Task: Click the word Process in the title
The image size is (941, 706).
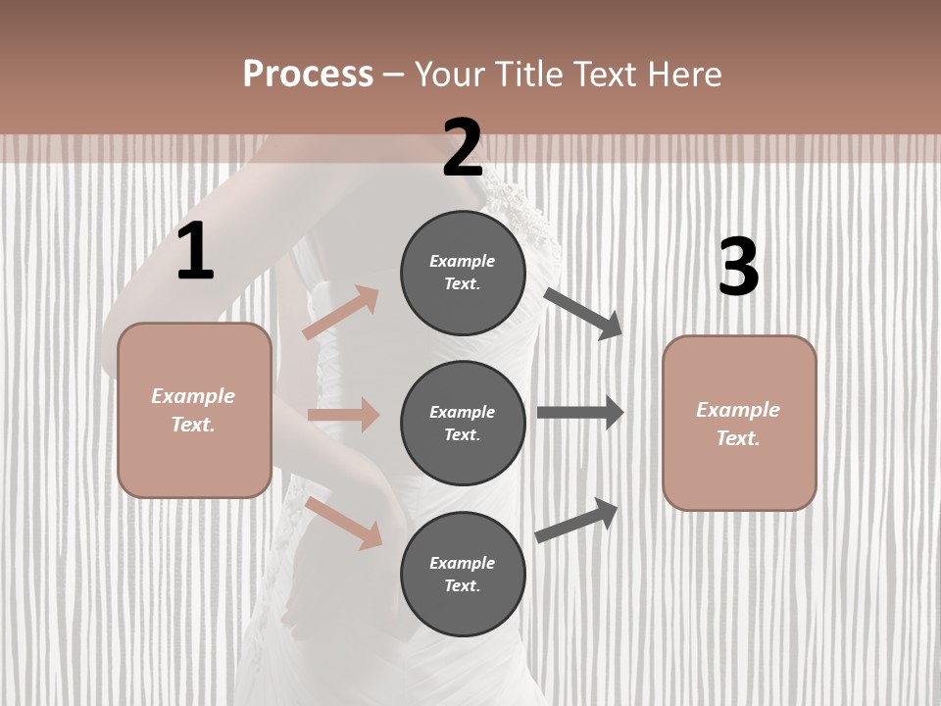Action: click(308, 75)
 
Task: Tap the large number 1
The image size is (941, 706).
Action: click(195, 252)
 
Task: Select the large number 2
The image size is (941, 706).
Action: click(463, 148)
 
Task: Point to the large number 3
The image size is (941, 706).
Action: click(738, 268)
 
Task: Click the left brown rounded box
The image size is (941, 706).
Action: click(194, 410)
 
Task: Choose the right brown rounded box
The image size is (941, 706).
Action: click(739, 424)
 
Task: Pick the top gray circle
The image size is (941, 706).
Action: click(463, 273)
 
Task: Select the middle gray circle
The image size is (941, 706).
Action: click(463, 424)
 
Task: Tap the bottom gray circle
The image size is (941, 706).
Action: click(463, 575)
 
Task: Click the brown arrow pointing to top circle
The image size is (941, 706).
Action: click(340, 313)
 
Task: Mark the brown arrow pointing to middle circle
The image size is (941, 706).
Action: click(343, 415)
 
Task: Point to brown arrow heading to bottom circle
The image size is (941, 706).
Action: click(343, 523)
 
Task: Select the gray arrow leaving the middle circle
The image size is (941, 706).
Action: click(580, 413)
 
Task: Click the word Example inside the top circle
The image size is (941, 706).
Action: click(463, 261)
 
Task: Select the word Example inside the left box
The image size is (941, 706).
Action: click(193, 396)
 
